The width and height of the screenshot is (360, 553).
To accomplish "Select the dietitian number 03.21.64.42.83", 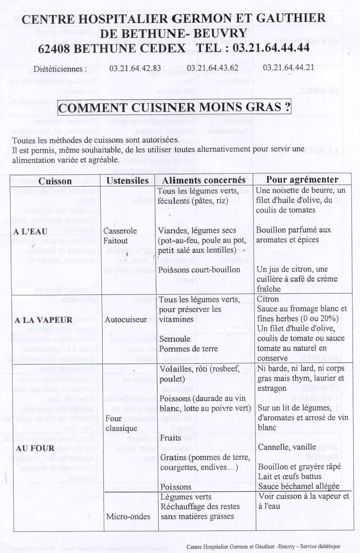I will pyautogui.click(x=135, y=68).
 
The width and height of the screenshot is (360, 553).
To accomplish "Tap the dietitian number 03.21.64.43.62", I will pyautogui.click(x=212, y=68).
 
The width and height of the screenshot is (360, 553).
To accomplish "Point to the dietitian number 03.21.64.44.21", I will pyautogui.click(x=288, y=67).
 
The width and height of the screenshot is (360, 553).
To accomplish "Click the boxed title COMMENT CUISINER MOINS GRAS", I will pyautogui.click(x=175, y=107).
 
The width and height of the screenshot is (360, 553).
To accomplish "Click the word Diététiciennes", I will pyautogui.click(x=60, y=69).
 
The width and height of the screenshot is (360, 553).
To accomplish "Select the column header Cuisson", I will pyautogui.click(x=55, y=181).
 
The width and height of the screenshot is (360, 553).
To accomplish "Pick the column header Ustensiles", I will pyautogui.click(x=127, y=181).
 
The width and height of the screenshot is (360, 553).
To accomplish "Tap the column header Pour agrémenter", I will pyautogui.click(x=302, y=179).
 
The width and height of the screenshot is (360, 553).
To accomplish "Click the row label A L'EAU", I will pyautogui.click(x=30, y=232).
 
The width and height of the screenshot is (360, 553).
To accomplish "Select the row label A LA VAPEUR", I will pyautogui.click(x=43, y=320).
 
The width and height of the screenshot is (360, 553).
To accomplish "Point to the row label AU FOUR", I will pyautogui.click(x=35, y=448).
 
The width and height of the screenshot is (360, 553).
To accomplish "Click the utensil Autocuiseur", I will pyautogui.click(x=125, y=319).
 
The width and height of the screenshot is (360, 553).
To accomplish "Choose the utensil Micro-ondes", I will pyautogui.click(x=128, y=517).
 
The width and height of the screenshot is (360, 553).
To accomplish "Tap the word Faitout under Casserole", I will pyautogui.click(x=115, y=241).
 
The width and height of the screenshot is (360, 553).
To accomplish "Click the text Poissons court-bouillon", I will pyautogui.click(x=199, y=270).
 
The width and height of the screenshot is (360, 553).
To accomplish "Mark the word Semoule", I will pyautogui.click(x=175, y=339).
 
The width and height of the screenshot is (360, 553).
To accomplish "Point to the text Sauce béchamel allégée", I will pyautogui.click(x=299, y=486).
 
